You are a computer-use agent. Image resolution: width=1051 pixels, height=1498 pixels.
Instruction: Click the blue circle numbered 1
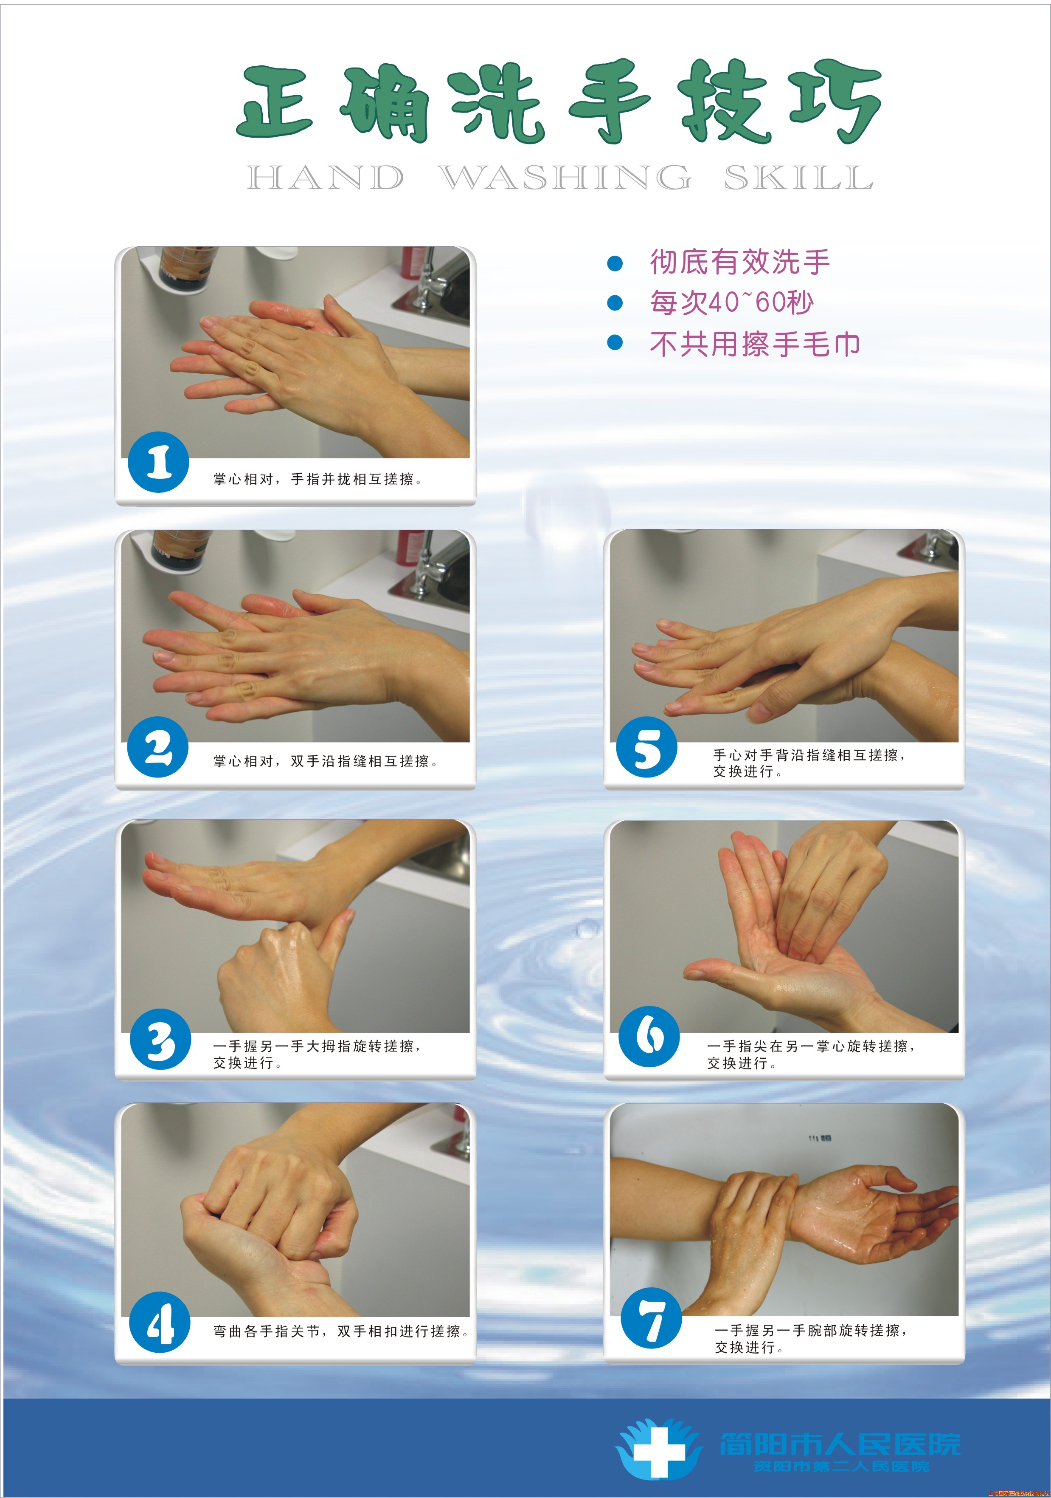coord(158,462)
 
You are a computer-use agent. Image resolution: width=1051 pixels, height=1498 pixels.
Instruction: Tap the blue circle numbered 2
coord(158,747)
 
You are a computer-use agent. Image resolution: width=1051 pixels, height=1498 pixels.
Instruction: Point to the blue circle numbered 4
coord(160,1322)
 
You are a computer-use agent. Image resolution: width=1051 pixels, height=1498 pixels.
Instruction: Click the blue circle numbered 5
coord(647,747)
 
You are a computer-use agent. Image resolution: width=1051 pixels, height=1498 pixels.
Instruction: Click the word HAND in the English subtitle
coord(325,178)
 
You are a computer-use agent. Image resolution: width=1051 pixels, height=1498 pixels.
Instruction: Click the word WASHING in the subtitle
coord(565,178)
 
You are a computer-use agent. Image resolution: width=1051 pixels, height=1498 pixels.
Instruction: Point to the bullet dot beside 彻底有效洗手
coord(614,263)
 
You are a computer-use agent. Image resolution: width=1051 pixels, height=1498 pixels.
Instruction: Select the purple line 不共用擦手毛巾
coord(754,344)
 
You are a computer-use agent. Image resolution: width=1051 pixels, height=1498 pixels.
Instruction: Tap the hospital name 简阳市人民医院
coord(839,1444)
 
